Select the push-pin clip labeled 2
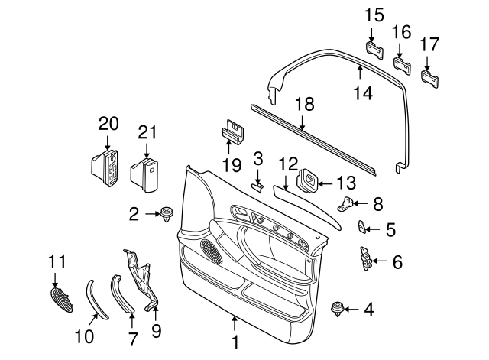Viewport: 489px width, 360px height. (166, 214)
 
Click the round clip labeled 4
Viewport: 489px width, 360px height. (335, 310)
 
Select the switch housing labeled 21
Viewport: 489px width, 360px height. (146, 172)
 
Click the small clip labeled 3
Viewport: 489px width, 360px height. (258, 186)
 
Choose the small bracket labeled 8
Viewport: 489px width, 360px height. (347, 204)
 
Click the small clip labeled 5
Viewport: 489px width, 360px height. (364, 226)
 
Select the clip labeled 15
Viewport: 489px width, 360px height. (373, 50)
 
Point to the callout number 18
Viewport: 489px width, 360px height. (304, 103)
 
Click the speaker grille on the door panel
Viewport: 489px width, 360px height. (209, 248)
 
